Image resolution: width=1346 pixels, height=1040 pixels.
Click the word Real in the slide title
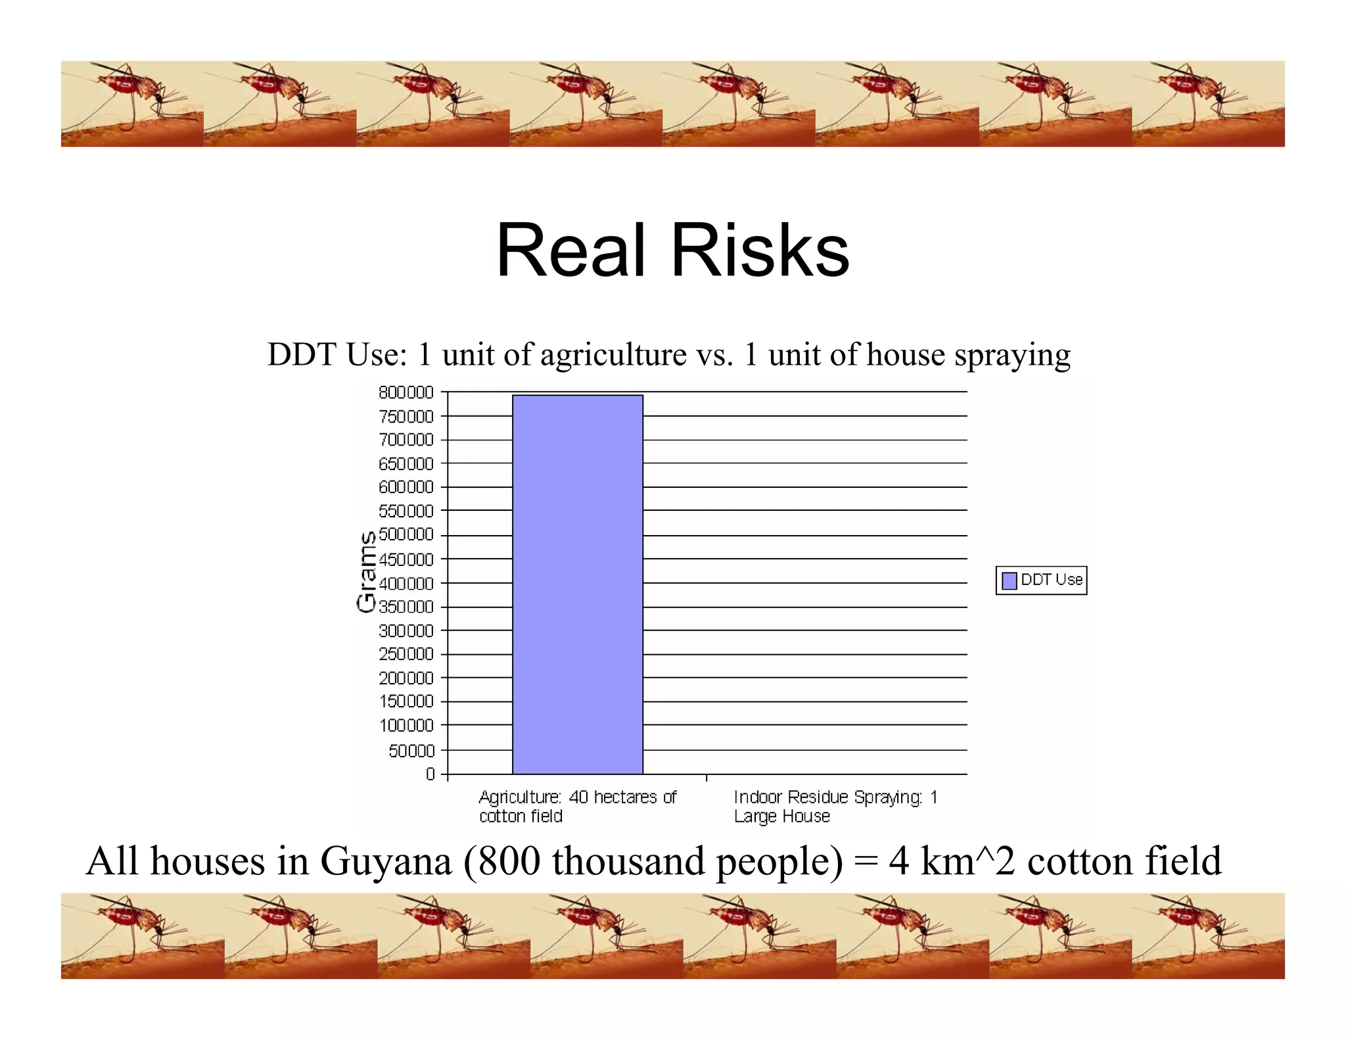[570, 251]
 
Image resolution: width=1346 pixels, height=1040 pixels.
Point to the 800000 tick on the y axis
[406, 392]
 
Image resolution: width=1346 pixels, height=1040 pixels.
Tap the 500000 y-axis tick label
[406, 534]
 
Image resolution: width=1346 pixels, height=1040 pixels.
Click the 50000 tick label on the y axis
[411, 751]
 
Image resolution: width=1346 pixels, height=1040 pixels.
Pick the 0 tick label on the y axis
[430, 774]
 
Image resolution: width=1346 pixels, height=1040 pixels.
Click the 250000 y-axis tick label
[406, 654]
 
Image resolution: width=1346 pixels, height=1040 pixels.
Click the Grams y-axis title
[366, 571]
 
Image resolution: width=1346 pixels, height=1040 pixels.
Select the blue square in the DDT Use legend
[1009, 581]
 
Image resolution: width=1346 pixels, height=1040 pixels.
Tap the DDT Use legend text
[1051, 580]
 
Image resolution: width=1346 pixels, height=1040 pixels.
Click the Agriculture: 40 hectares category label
[576, 806]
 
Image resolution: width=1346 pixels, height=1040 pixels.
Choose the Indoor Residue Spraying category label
[835, 806]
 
